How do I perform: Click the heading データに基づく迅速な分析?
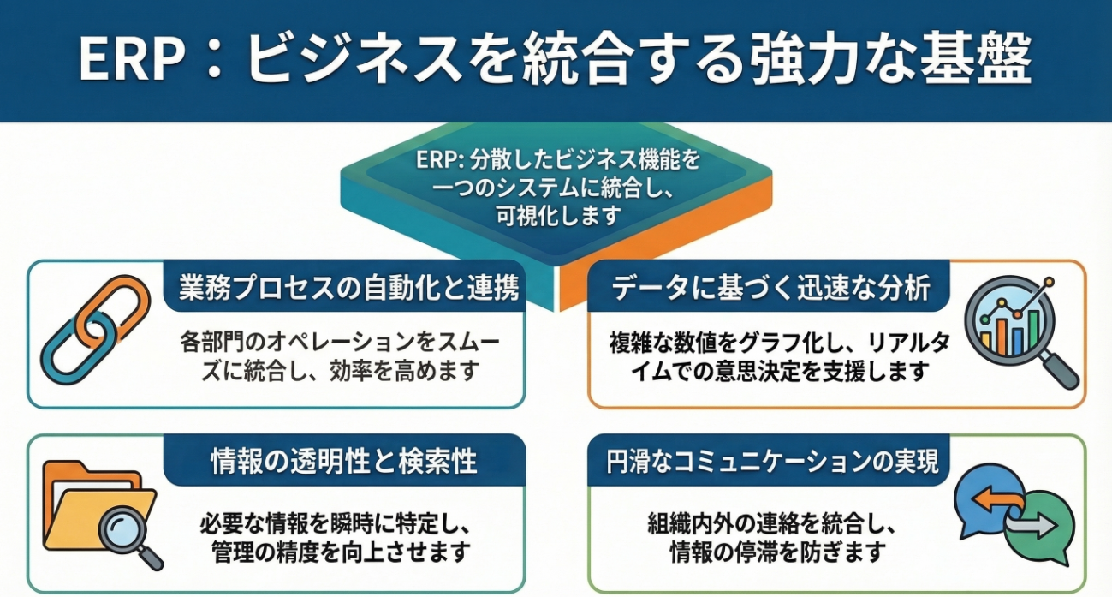click(771, 289)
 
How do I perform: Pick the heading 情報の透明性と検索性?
click(343, 463)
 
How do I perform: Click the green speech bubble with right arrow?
click(1036, 526)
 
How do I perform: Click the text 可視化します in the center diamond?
click(556, 216)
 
